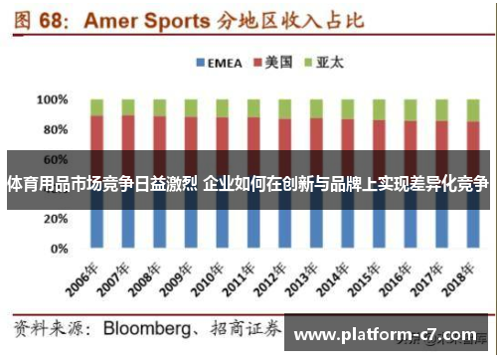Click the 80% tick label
56,129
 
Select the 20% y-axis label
56,219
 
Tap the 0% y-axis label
59,248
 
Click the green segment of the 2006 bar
97,107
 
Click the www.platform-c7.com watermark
387,335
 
